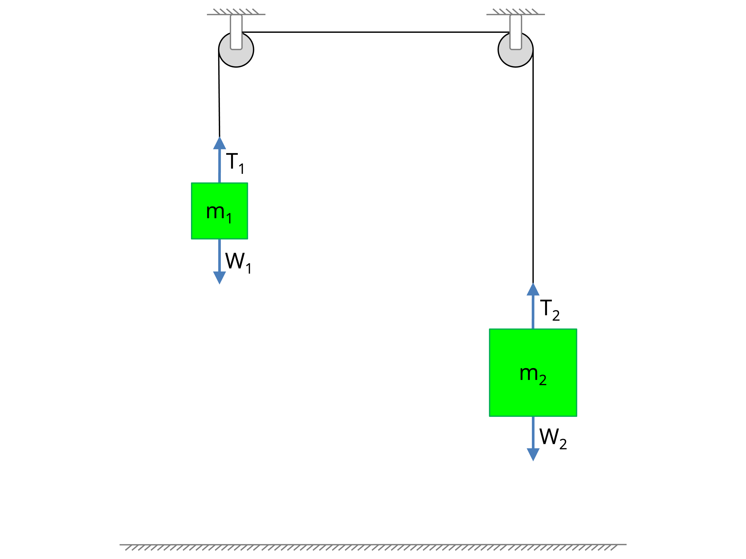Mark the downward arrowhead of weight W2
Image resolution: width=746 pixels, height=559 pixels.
[533, 454]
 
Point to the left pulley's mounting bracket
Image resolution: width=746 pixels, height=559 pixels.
[236, 32]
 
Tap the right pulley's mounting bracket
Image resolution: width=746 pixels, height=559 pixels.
[516, 32]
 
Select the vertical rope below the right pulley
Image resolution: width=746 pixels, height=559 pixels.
[533, 168]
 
